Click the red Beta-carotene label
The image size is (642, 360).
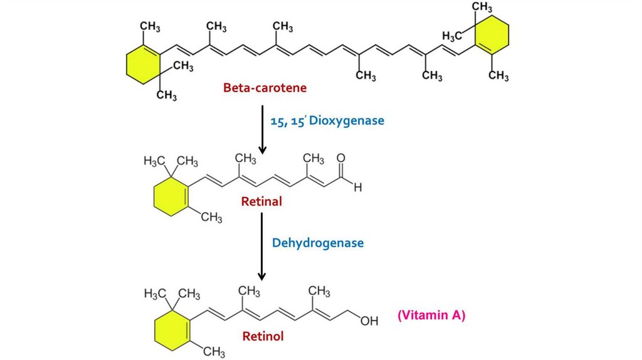(265, 88)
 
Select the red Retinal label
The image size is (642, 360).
(262, 202)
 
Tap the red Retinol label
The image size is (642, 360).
(263, 336)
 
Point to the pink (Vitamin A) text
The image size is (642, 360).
(431, 315)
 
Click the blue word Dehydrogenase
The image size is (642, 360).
(317, 243)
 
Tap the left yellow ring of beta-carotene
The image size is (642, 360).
(143, 65)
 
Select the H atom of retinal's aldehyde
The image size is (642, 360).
(357, 186)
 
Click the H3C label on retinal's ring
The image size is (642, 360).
(154, 161)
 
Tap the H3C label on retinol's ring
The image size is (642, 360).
(154, 293)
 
